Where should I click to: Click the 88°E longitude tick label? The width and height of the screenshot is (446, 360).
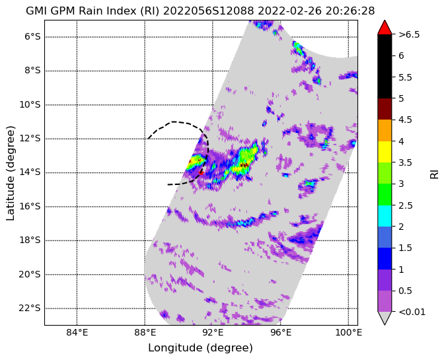145,332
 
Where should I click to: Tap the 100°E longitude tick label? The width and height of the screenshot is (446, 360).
348,332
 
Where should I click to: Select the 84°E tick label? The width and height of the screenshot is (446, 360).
77,332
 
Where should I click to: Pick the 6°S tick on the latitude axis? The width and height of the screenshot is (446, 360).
34,37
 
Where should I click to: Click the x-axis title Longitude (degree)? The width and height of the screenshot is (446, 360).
200,347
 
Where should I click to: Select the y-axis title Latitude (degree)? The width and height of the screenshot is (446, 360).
10,173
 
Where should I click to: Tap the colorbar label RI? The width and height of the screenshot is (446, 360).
434,173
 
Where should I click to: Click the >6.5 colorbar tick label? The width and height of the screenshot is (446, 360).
409,34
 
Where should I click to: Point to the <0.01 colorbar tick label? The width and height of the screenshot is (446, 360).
412,312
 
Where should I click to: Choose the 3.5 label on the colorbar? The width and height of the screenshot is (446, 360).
405,162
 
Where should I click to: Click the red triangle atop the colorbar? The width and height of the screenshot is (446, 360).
385,27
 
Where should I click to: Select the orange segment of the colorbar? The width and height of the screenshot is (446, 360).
385,131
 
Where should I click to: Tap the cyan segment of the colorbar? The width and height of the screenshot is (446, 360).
385,216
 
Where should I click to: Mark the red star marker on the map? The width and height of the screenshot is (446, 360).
201,172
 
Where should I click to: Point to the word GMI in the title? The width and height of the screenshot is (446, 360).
36,11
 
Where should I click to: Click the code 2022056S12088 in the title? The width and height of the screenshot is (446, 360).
209,11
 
